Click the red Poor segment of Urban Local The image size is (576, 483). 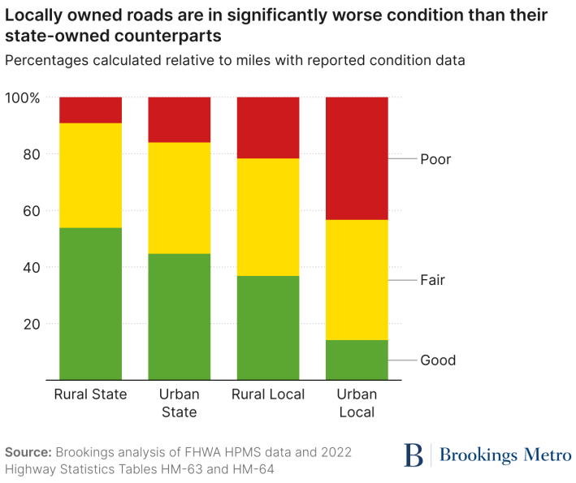(357, 158)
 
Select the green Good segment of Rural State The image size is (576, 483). (90, 304)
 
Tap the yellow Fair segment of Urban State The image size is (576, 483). (179, 198)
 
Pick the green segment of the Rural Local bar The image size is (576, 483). (267, 328)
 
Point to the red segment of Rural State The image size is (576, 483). (90, 110)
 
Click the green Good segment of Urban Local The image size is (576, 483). (357, 360)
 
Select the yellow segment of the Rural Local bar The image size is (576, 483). (267, 217)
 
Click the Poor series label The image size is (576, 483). (435, 159)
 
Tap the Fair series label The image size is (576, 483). (432, 280)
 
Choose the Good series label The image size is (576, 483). (438, 360)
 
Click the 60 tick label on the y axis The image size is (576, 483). (31, 211)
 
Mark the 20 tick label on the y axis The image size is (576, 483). (31, 324)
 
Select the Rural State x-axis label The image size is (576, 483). (90, 395)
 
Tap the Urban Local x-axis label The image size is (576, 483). (357, 403)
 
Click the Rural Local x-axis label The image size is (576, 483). (267, 395)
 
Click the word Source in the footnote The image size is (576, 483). (28, 452)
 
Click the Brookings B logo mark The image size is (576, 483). (414, 455)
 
